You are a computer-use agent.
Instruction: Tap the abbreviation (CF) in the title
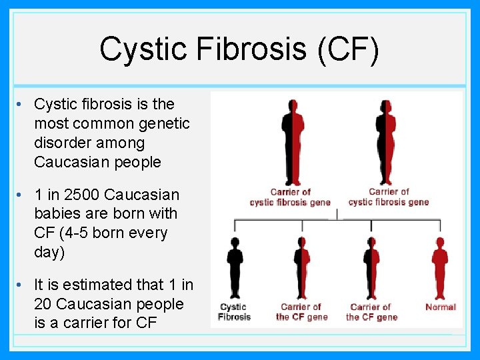[349, 49]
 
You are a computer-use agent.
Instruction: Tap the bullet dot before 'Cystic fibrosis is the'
[22, 105]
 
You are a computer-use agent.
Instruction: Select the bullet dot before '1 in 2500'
[22, 195]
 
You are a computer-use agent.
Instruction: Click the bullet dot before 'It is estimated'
[22, 285]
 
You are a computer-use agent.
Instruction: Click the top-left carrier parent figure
[291, 141]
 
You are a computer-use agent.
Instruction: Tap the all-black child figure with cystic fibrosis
[235, 267]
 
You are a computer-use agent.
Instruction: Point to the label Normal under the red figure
[441, 307]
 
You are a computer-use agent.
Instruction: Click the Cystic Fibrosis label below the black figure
[234, 312]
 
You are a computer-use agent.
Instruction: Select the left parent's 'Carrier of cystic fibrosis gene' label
[290, 197]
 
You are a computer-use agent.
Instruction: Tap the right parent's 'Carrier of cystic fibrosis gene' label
[389, 197]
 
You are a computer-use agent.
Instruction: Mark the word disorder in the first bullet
[62, 143]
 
